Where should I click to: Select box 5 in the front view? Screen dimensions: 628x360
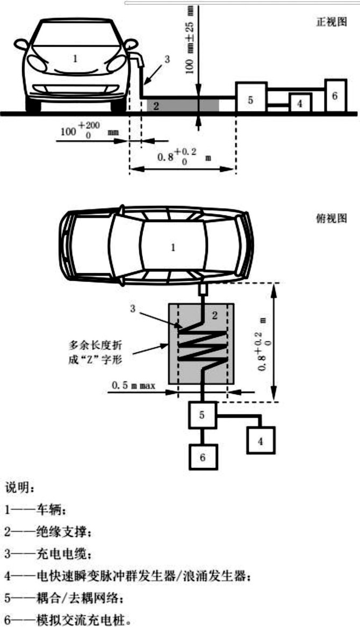[x=251, y=98]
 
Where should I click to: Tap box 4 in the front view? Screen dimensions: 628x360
[x=300, y=103]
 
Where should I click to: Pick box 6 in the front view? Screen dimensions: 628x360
[x=334, y=96]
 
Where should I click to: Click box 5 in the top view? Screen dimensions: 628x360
[x=202, y=415]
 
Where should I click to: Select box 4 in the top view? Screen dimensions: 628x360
[x=261, y=441]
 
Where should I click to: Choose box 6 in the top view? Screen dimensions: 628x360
[x=202, y=457]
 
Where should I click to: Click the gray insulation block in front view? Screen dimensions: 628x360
[x=183, y=105]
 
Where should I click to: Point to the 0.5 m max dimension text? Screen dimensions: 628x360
[x=133, y=385]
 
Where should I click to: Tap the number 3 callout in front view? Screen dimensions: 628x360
[x=167, y=60]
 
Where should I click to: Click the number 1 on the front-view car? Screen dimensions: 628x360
[x=75, y=59]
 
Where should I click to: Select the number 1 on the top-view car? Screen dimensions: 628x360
[x=172, y=248]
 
